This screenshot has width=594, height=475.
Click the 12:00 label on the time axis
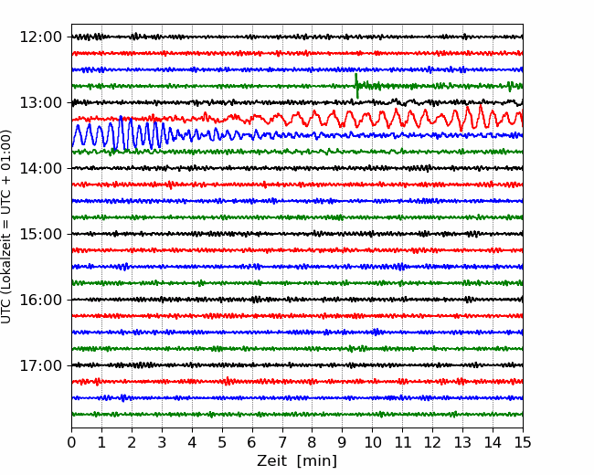pyautogui.click(x=41, y=37)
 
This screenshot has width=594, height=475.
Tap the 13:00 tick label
pyautogui.click(x=41, y=102)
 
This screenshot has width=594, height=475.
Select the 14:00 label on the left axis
pyautogui.click(x=41, y=168)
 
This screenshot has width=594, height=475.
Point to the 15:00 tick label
pyautogui.click(x=41, y=234)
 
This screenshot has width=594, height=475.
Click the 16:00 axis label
pyautogui.click(x=41, y=300)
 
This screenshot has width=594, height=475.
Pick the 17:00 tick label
pyautogui.click(x=41, y=365)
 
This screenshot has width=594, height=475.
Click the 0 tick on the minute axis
pyautogui.click(x=71, y=442)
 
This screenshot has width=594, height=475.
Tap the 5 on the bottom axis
pyautogui.click(x=222, y=442)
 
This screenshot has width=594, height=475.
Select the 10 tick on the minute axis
pyautogui.click(x=372, y=442)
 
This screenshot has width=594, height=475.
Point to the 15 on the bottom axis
pyautogui.click(x=523, y=442)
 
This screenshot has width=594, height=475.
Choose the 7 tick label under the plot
pyautogui.click(x=282, y=442)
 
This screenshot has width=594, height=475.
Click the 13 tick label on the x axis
pyautogui.click(x=462, y=442)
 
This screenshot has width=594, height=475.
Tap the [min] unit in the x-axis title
pyautogui.click(x=317, y=461)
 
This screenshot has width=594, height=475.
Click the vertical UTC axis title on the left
pyautogui.click(x=6, y=227)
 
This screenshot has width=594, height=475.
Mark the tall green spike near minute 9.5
pyautogui.click(x=356, y=87)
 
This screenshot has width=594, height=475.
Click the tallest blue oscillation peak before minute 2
pyautogui.click(x=121, y=117)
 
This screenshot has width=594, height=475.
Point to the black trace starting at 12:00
pyautogui.click(x=297, y=37)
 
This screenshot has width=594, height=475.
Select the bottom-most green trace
pyautogui.click(x=297, y=415)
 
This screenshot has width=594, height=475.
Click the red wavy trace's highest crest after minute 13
pyautogui.click(x=481, y=106)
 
